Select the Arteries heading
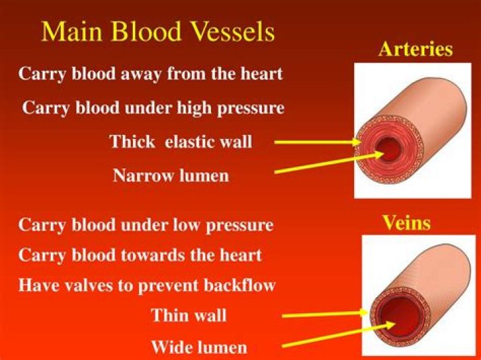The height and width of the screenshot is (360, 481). pos(415,49)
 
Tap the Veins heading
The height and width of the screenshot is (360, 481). pos(406,222)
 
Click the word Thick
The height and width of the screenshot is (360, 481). pos(132,142)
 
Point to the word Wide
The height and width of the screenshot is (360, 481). pos(171,347)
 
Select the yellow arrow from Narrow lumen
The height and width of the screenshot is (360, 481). pos(327,164)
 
